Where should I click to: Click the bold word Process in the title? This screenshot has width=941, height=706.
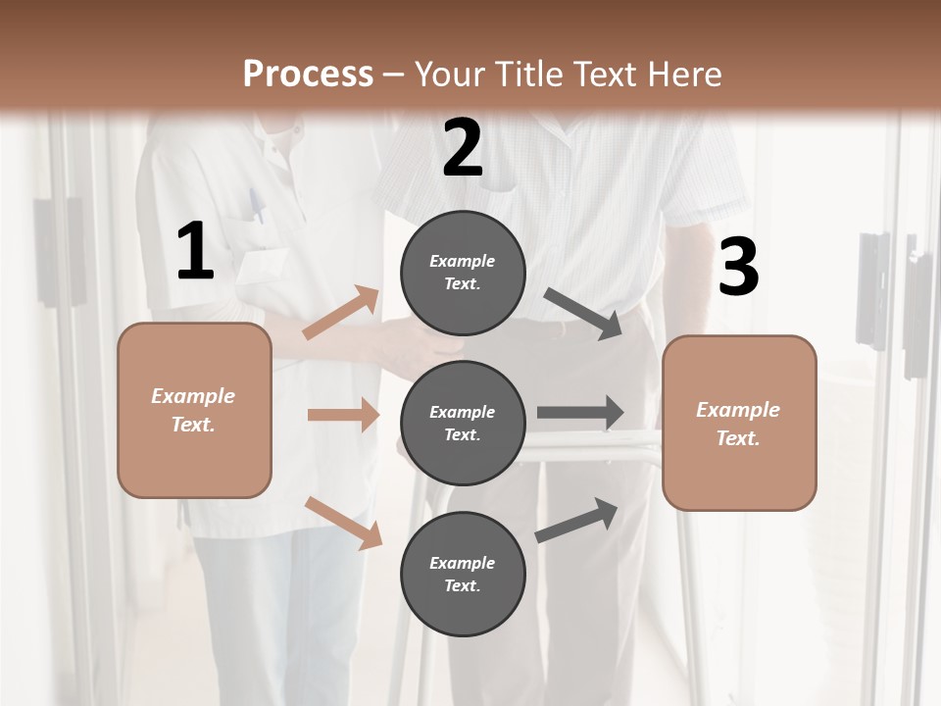click(x=308, y=75)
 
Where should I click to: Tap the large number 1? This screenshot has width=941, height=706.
click(x=194, y=252)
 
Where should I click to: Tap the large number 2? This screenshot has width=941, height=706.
click(x=463, y=148)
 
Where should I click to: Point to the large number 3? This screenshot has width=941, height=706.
click(x=738, y=267)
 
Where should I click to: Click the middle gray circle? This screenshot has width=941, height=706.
click(x=463, y=423)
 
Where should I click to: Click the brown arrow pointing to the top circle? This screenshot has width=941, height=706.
click(x=341, y=313)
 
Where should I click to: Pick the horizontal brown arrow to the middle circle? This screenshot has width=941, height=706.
click(x=343, y=415)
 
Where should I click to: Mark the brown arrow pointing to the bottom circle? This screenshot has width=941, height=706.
click(x=343, y=523)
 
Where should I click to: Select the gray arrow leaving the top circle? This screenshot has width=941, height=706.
click(x=583, y=314)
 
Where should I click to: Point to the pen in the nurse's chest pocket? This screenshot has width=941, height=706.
click(x=256, y=206)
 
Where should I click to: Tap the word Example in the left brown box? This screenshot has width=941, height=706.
click(x=193, y=396)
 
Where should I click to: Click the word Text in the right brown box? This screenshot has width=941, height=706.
click(x=737, y=438)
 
